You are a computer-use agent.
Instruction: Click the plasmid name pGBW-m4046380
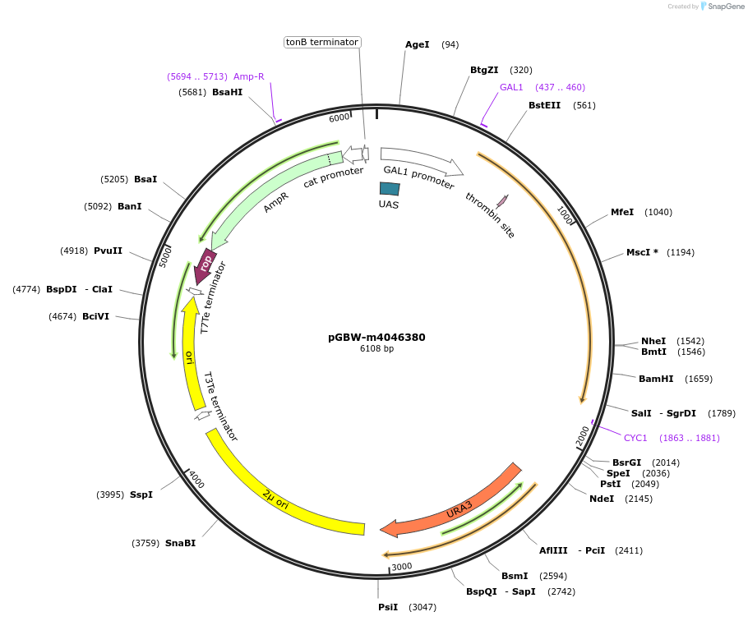pyautogui.click(x=376, y=337)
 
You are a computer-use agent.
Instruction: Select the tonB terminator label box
pyautogui.click(x=322, y=42)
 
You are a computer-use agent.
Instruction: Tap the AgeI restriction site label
pyautogui.click(x=418, y=44)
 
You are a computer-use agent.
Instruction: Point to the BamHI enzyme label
pyautogui.click(x=656, y=379)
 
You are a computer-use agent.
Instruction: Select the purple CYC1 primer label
pyautogui.click(x=635, y=438)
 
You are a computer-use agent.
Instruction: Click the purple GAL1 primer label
pyautogui.click(x=511, y=87)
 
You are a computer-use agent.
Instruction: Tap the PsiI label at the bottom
pyautogui.click(x=388, y=607)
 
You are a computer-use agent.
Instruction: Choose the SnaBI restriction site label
pyautogui.click(x=180, y=543)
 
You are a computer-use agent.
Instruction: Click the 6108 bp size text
pyautogui.click(x=376, y=348)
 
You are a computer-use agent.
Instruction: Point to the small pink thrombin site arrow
pyautogui.click(x=502, y=200)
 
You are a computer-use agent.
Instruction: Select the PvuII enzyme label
pyautogui.click(x=108, y=251)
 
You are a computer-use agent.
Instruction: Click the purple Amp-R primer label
pyautogui.click(x=249, y=76)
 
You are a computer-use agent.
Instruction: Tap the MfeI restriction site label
pyautogui.click(x=622, y=212)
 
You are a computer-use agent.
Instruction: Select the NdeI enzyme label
pyautogui.click(x=602, y=499)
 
